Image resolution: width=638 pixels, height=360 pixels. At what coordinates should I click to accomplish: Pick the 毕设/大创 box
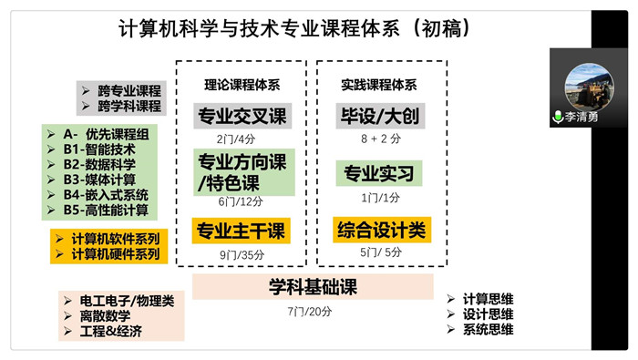[380, 117]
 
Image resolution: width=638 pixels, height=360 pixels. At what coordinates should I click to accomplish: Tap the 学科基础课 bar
[312, 287]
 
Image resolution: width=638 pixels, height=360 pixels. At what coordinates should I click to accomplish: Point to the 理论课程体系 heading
[242, 85]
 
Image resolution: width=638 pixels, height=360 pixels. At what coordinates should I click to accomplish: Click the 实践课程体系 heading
[380, 85]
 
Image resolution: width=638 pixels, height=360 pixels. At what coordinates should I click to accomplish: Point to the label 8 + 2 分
[380, 140]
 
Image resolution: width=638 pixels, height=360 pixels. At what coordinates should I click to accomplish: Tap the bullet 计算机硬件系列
[114, 253]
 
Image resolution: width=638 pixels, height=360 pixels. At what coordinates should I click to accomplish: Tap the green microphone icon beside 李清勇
[558, 118]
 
